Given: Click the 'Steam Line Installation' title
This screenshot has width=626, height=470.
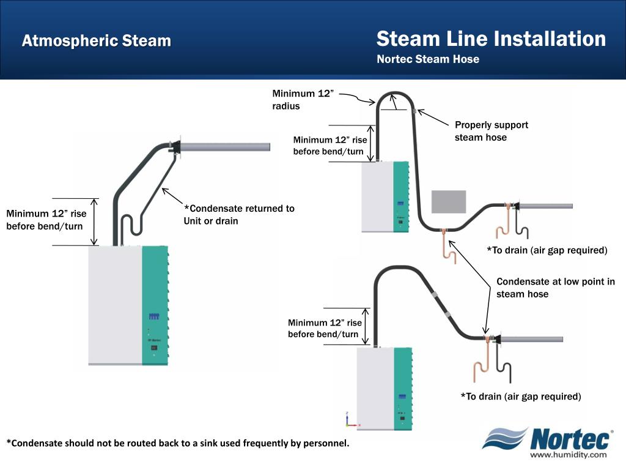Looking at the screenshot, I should tap(491, 39).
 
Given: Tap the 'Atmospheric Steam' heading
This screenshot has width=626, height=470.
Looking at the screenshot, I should tap(97, 41).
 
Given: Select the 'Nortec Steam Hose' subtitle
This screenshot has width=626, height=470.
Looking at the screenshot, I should tap(428, 59).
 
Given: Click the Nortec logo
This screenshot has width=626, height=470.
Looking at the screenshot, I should tap(548, 440).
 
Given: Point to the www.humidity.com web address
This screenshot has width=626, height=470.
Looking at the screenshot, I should tap(568, 455).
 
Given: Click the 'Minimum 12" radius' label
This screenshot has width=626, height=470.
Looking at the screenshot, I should tap(303, 100).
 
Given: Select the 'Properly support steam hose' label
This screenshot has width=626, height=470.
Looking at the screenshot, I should tap(491, 131).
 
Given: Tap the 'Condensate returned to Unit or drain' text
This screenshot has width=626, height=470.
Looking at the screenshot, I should tap(239, 214).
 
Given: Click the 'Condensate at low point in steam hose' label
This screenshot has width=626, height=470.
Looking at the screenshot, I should tap(555, 288).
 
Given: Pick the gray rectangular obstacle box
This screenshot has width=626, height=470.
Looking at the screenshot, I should tap(449, 201).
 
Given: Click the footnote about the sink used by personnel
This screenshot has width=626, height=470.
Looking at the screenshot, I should tap(178, 443).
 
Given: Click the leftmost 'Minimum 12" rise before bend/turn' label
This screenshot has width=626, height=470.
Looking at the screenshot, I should tap(46, 220).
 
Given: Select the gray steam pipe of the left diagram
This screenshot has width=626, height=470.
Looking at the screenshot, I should tap(226, 147).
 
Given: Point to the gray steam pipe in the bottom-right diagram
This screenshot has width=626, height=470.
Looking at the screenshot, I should tap(532, 339).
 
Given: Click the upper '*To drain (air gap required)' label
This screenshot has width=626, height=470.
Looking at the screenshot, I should tap(547, 250).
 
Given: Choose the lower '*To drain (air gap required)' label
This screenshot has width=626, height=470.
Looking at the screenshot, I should tap(520, 397).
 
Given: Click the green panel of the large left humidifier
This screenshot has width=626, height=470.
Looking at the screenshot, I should tap(155, 306).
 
